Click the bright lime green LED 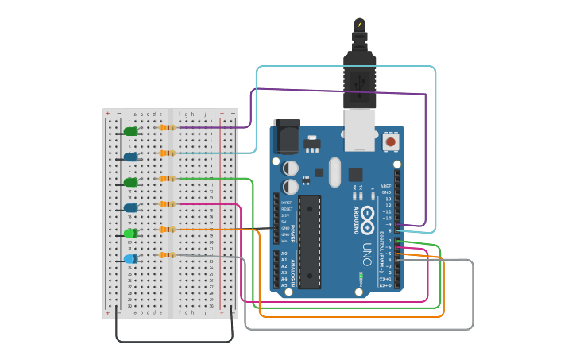point(130,234)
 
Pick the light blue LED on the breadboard point(130,259)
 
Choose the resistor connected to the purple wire point(166,127)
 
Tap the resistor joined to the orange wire point(166,230)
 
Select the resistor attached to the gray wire point(166,255)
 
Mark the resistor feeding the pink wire point(166,204)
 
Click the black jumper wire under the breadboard point(175,341)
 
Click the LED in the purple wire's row point(130,131)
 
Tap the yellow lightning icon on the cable point(359,25)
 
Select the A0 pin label point(284,254)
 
